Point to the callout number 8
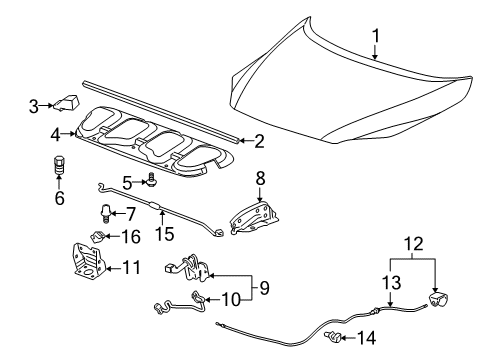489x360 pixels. (x=259, y=179)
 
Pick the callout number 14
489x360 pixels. (x=367, y=338)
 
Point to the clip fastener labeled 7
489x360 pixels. (x=104, y=211)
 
